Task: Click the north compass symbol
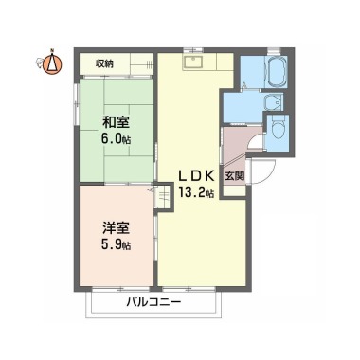[52, 63]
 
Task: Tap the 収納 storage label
[104, 64]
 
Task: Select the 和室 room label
[117, 122]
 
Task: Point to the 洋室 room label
[117, 228]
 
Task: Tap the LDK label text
[197, 176]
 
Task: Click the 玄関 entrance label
[235, 176]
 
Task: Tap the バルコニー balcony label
[153, 302]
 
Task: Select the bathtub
[278, 72]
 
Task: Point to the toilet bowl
[278, 128]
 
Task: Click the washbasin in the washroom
[273, 102]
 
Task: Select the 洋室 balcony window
[121, 289]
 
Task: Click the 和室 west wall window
[76, 103]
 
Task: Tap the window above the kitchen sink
[193, 50]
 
